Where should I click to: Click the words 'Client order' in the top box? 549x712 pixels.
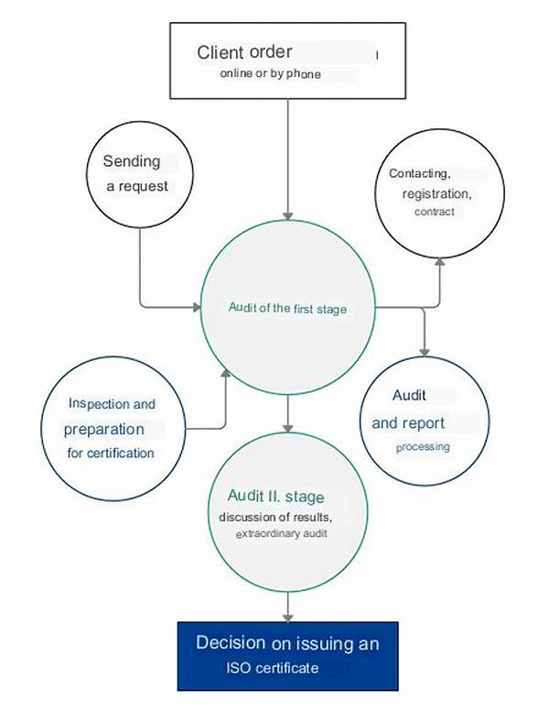(244, 52)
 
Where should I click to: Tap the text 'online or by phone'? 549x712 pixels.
(270, 73)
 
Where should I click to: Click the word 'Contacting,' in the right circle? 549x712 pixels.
(419, 173)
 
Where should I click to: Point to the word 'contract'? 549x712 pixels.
(435, 212)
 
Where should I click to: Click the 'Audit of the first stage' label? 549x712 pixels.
(287, 308)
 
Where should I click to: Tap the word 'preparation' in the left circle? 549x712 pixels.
(103, 429)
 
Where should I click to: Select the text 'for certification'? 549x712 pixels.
(111, 453)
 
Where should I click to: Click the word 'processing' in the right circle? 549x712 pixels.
(423, 447)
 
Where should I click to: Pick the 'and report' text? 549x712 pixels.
(408, 423)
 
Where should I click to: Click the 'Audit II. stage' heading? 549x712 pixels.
(275, 497)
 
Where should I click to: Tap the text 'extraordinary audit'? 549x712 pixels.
(281, 533)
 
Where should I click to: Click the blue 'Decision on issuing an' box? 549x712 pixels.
(288, 656)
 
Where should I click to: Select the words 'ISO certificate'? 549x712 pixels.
(272, 668)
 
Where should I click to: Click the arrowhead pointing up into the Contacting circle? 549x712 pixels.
(439, 261)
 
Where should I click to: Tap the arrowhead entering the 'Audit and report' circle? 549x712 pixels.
(425, 352)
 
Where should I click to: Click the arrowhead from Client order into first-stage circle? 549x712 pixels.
(288, 216)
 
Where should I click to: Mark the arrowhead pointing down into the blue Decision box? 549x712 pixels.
(288, 618)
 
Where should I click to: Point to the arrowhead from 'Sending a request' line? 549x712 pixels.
(197, 308)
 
